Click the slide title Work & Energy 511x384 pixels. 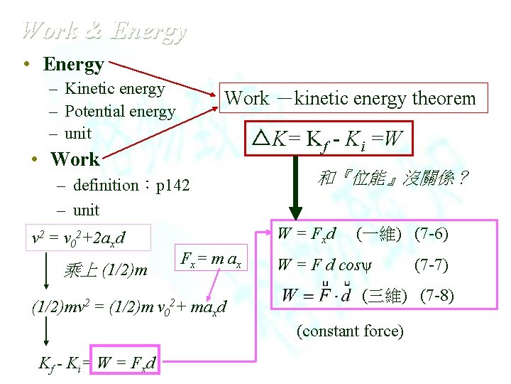tap(104, 31)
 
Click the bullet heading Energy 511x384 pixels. tap(73, 64)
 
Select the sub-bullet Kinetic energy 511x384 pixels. tap(114, 89)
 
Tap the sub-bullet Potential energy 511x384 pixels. tap(119, 111)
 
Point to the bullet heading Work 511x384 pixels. tap(75, 159)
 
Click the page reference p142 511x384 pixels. tap(173, 186)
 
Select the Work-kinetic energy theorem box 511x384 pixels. tap(351, 98)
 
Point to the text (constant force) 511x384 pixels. tap(351, 331)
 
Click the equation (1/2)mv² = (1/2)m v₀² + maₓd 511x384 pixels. tap(129, 307)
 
